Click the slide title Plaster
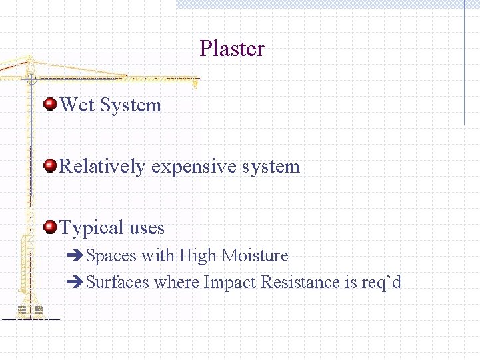pos(232,49)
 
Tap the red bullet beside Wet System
pos(50,104)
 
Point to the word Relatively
pos(102,167)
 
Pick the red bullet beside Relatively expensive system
pos(50,165)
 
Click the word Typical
pos(91,228)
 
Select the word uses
pos(147,228)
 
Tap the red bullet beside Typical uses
pos(50,227)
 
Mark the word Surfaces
pos(118,283)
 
